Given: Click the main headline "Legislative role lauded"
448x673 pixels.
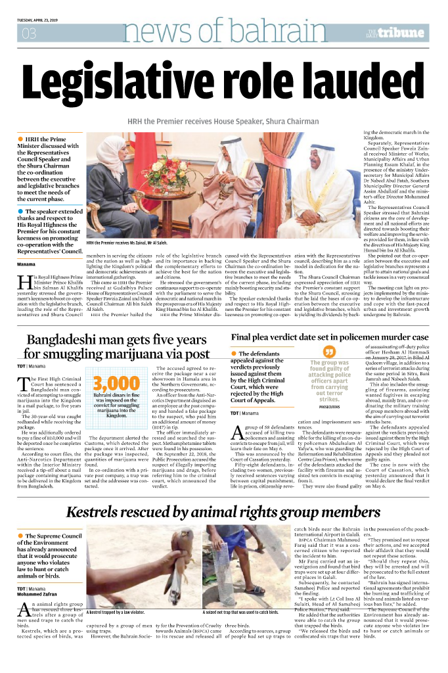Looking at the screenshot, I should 223,84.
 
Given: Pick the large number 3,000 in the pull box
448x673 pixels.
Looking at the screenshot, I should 116,384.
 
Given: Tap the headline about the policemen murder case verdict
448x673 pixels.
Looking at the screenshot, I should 329,338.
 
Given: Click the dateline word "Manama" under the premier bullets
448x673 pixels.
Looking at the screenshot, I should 27,264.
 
